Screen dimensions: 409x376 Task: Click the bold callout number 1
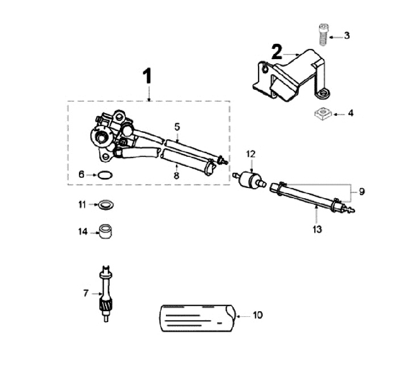click(148, 76)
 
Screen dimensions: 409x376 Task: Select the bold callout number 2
click(276, 53)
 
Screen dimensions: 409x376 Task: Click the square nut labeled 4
click(323, 114)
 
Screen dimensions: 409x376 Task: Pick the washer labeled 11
click(105, 204)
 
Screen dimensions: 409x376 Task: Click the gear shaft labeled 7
click(105, 295)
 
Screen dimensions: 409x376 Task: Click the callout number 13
click(317, 229)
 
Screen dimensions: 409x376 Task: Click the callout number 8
click(177, 176)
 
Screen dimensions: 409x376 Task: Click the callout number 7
click(86, 293)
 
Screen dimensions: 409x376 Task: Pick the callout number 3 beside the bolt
click(347, 36)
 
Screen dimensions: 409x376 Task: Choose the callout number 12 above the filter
click(251, 154)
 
